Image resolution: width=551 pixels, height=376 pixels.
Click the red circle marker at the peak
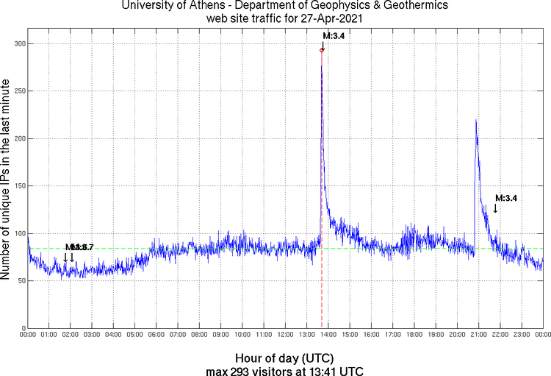coord(322,50)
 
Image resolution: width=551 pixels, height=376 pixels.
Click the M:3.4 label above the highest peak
coord(334,35)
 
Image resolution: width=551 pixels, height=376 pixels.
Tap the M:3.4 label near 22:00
coord(507,198)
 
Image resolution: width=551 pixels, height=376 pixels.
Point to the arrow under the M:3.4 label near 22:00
coord(495,209)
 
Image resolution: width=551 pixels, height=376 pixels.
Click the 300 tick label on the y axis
coord(19,44)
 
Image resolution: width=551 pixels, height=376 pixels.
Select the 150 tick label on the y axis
coord(19,186)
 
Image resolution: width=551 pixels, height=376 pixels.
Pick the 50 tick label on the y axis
coord(21,281)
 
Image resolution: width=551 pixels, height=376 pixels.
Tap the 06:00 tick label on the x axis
coord(156,335)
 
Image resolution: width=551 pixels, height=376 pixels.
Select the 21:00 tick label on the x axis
coord(478,335)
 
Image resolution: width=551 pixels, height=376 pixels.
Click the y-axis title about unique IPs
coord(7,180)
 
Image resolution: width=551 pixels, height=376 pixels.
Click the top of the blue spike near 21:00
coord(476,120)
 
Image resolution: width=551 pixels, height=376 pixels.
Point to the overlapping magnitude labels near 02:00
coord(79,247)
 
